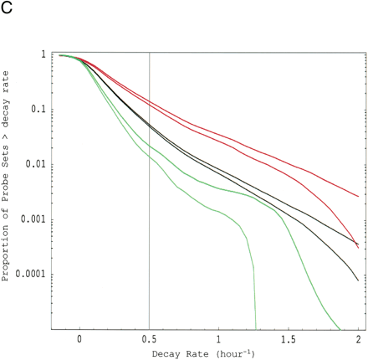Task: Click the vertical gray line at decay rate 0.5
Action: point(150,209)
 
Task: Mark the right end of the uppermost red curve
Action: point(359,197)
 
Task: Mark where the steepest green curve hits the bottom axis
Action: point(256,328)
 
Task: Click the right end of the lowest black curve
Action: point(359,280)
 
